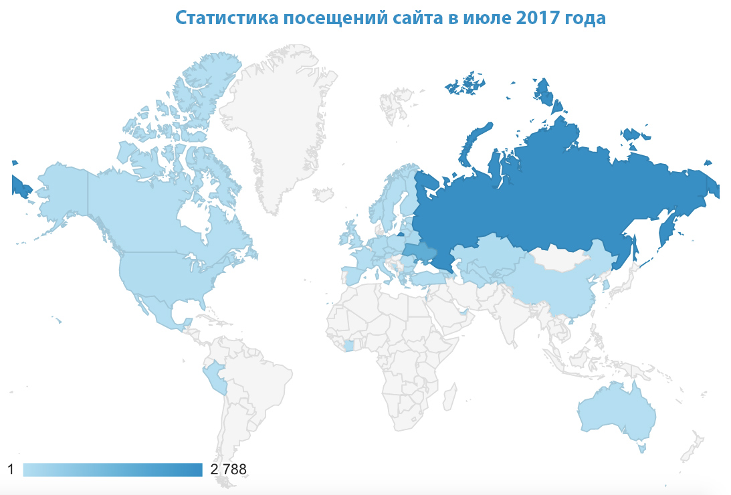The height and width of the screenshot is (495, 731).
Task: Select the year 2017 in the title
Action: click(x=540, y=18)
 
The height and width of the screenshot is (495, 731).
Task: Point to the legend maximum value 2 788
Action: click(x=228, y=470)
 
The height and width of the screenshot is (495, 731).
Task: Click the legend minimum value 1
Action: click(x=11, y=470)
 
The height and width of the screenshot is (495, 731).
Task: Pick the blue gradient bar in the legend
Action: click(x=112, y=470)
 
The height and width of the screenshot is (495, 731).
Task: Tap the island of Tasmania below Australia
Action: click(x=642, y=446)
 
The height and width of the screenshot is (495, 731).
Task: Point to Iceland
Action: click(x=324, y=195)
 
